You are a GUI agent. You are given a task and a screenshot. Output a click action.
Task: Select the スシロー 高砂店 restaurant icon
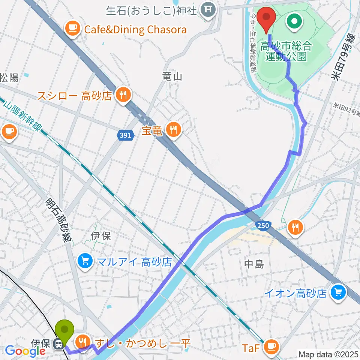[122, 95]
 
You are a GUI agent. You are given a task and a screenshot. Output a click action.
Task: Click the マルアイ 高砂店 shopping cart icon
[85, 261]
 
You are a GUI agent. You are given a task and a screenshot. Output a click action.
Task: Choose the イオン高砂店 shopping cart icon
[338, 292]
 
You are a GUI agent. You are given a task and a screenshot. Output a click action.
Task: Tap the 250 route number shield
[262, 225]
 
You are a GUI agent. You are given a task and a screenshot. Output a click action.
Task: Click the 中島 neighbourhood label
[254, 264]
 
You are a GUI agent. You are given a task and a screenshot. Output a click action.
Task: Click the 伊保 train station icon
[58, 343]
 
